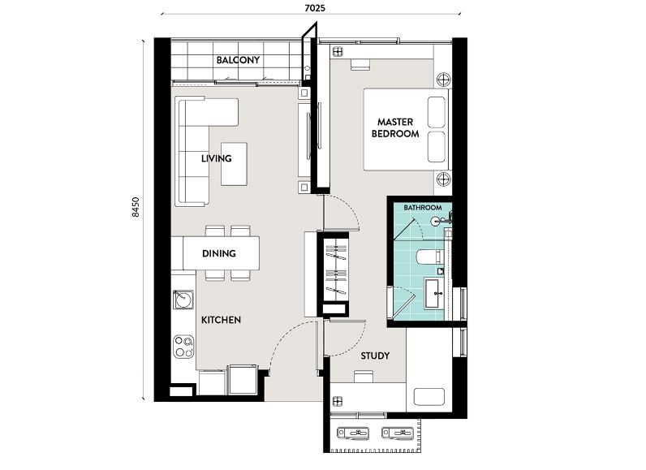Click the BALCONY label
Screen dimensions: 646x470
point(238,60)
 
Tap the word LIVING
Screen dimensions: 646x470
point(217,158)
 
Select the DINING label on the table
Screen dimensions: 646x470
point(219,253)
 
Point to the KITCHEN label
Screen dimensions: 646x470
point(221,320)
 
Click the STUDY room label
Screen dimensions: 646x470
point(375,356)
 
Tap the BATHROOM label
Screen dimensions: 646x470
point(423,208)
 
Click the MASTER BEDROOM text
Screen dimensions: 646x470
point(395,127)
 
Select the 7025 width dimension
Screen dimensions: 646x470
point(315,8)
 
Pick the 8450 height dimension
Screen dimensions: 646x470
point(136,207)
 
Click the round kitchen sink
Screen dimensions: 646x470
point(183,299)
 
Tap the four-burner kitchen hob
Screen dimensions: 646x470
point(183,347)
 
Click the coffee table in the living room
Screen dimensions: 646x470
point(234,164)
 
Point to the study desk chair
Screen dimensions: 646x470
point(364,377)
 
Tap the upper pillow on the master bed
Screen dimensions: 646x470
point(437,112)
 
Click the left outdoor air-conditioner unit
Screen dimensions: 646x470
point(353,433)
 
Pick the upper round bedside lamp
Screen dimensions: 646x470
point(443,79)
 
